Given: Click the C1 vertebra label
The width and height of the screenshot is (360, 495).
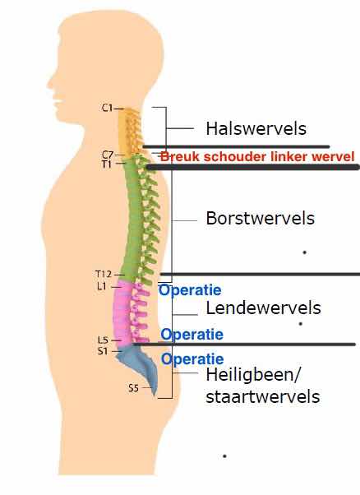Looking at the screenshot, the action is [108, 108].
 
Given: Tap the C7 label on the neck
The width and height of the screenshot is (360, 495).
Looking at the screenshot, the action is [108, 155].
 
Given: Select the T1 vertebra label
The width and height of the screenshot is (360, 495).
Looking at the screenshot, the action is [106, 164].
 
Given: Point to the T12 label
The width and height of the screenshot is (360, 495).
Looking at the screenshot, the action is [104, 274].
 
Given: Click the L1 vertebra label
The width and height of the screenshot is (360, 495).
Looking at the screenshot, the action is [102, 286].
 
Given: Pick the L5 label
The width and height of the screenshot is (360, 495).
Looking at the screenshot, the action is [103, 340].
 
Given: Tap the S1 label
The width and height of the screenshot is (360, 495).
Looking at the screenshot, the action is [103, 351].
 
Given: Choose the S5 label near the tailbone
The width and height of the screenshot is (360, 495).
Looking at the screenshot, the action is [133, 388].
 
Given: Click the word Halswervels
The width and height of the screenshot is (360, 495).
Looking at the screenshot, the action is [256, 129].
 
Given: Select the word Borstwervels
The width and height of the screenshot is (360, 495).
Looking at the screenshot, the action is [261, 218].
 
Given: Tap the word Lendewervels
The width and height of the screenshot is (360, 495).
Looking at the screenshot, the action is [264, 308].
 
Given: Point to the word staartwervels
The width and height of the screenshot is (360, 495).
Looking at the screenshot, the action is [263, 397].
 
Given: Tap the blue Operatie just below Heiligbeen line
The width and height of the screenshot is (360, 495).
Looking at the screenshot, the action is [192, 359].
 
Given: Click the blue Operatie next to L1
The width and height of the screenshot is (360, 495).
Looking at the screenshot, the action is [190, 290].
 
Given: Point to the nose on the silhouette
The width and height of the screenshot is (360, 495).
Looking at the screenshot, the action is [50, 83].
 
